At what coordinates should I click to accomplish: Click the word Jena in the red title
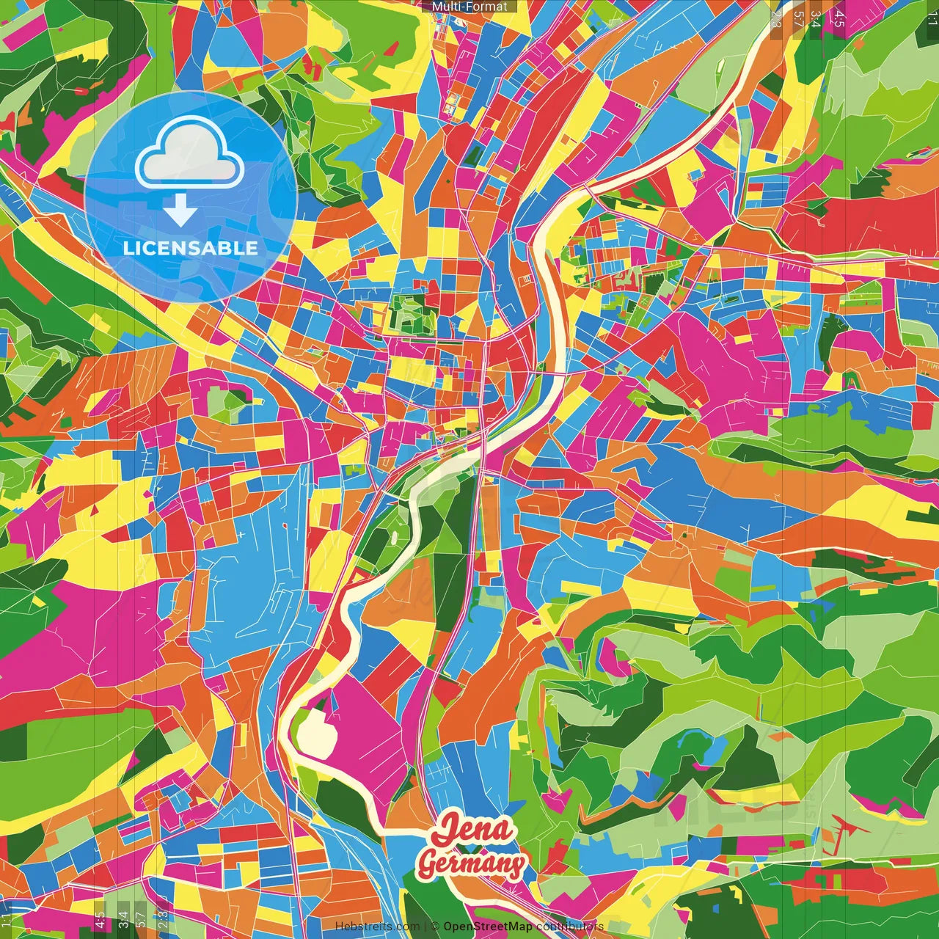pos(473,830)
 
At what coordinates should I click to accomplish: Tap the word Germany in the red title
pos(471,864)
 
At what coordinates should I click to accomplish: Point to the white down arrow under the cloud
pos(180,211)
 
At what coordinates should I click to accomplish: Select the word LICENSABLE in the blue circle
pos(190,248)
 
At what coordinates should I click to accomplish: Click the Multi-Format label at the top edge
pos(469,7)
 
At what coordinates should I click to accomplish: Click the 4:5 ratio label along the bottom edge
pos(100,920)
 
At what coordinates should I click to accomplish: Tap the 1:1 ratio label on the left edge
pos(7,920)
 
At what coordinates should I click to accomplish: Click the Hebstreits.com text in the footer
pos(377,927)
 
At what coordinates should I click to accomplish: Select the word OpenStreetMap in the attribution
pos(488,927)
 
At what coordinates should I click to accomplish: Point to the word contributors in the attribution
pos(570,927)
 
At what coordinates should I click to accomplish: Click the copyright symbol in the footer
pos(435,927)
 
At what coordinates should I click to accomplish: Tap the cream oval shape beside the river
pos(315,731)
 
